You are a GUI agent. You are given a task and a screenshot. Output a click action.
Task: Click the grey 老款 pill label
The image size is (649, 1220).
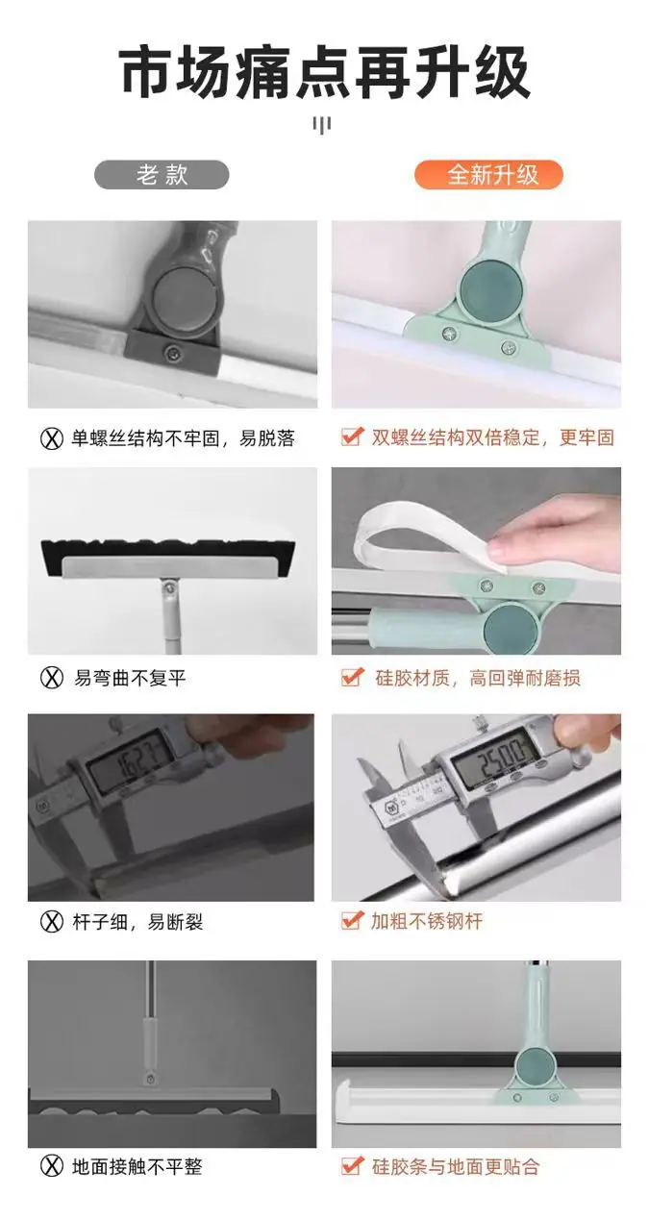(162, 175)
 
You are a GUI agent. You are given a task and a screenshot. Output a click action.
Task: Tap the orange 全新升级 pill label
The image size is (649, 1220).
(488, 175)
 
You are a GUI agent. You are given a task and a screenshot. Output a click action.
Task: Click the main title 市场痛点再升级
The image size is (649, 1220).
(325, 73)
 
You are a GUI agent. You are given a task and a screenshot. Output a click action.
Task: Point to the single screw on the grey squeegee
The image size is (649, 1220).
(173, 353)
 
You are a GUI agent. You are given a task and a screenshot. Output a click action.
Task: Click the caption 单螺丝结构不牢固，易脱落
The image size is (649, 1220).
(183, 437)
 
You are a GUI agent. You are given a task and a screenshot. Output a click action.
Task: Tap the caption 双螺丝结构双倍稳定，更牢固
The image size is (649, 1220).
(492, 437)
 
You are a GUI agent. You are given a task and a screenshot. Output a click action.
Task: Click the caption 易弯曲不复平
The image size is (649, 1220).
(130, 678)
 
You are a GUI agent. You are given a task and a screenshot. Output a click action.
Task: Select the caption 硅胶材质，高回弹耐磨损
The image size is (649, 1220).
(477, 678)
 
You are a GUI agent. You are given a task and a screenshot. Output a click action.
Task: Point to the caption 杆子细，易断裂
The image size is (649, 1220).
(137, 922)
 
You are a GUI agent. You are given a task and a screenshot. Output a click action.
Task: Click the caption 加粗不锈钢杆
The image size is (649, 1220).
(427, 921)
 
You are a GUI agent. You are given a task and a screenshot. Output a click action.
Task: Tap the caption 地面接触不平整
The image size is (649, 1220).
(137, 1166)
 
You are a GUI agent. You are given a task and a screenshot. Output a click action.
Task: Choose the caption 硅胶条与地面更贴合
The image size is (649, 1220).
(456, 1167)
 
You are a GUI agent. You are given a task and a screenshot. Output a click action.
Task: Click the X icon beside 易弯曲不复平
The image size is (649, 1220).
(52, 678)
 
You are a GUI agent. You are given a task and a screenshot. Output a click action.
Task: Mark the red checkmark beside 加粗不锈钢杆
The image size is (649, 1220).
(352, 920)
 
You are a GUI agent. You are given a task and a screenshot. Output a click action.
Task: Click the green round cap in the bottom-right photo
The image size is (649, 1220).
(534, 1066)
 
